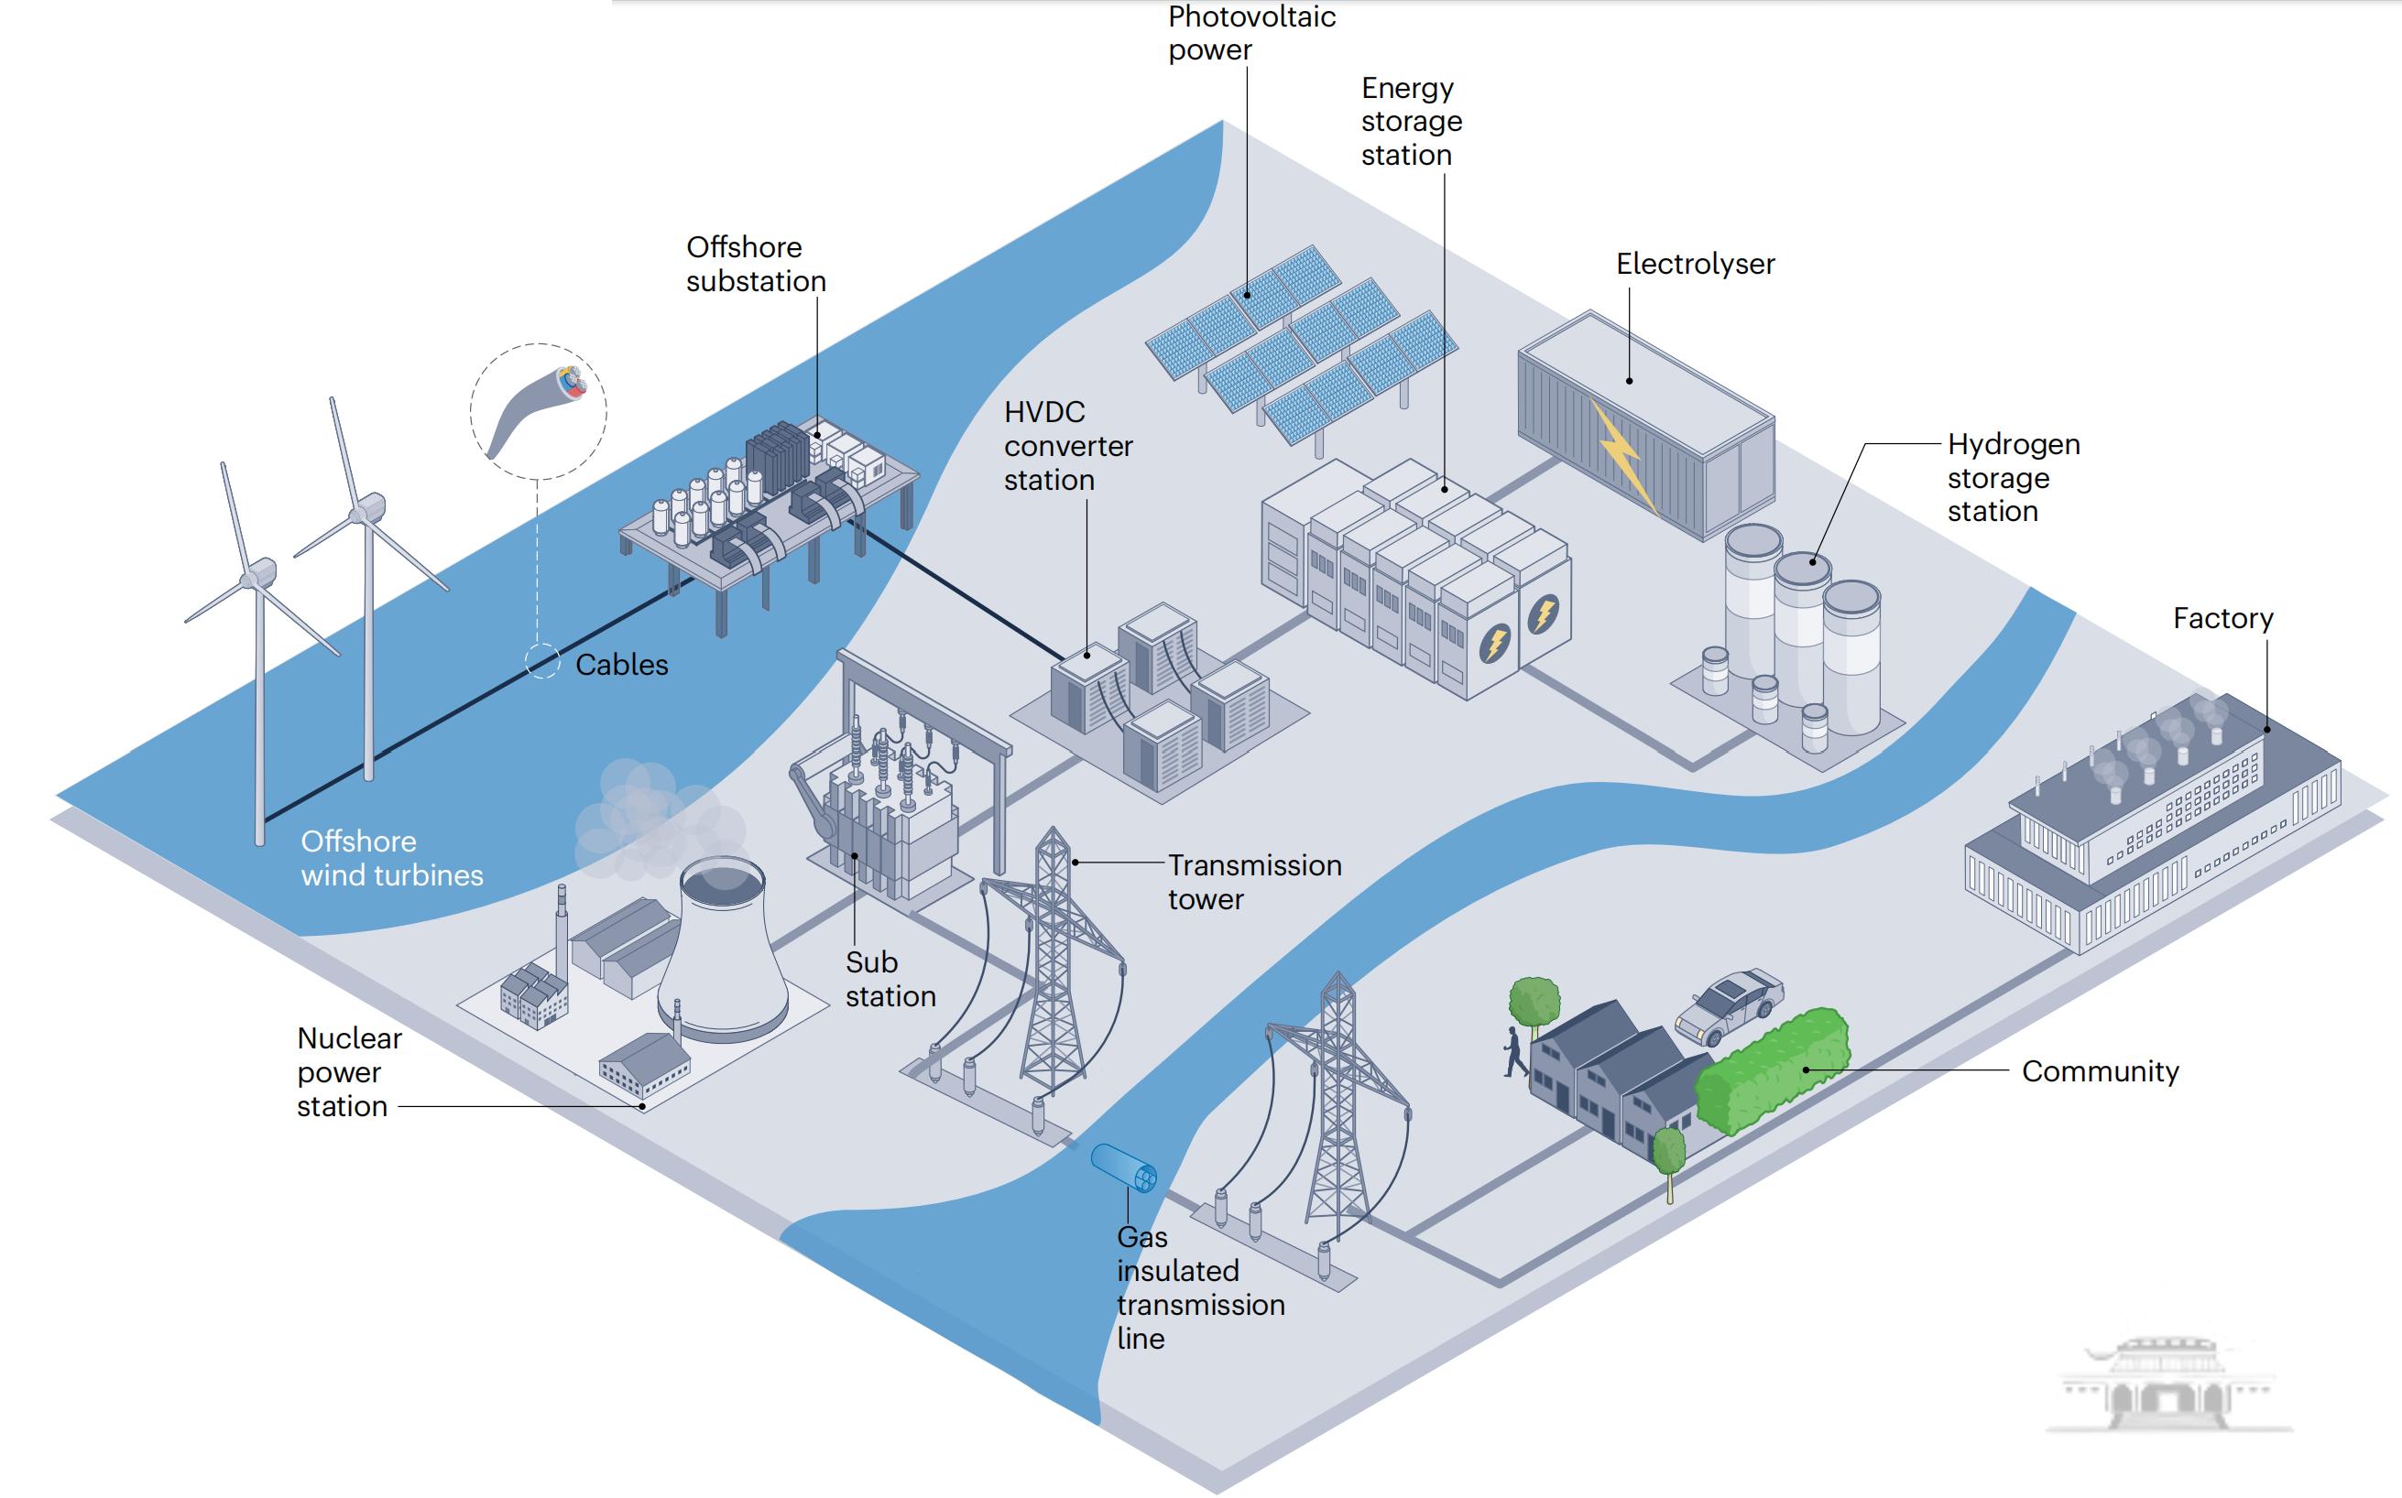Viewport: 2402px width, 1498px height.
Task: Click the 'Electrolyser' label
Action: click(1695, 264)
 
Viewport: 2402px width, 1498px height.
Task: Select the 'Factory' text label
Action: click(2222, 618)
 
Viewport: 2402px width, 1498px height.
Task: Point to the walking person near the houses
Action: click(1514, 1052)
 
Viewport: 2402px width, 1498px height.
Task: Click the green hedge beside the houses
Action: click(1772, 1070)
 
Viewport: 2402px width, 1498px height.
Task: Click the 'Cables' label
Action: click(621, 665)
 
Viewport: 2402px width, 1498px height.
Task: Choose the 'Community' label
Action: click(2100, 1071)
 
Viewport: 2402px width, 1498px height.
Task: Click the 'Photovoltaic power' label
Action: click(1250, 33)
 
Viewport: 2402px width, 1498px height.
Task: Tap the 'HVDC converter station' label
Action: click(1067, 446)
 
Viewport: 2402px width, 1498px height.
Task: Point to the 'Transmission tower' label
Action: click(1253, 882)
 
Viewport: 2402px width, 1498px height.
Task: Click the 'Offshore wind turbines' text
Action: click(391, 858)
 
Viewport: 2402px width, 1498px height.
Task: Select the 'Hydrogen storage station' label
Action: click(2013, 478)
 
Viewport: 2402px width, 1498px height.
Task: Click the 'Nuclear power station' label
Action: click(348, 1072)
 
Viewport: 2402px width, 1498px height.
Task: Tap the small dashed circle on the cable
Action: click(542, 661)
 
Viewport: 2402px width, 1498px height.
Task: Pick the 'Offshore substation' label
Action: click(755, 264)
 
